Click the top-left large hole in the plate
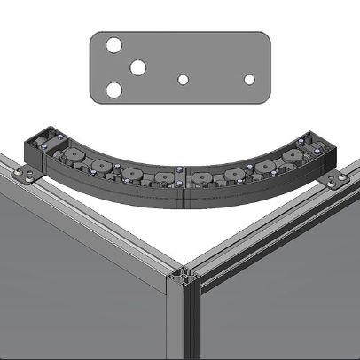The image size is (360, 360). [x=113, y=45]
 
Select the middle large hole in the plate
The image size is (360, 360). [x=138, y=67]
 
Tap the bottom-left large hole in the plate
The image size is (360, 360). [x=113, y=90]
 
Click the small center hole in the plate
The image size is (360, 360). [x=183, y=80]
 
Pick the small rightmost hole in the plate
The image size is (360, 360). [x=249, y=80]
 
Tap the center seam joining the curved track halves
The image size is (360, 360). [x=183, y=186]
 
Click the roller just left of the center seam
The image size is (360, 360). [x=163, y=176]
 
